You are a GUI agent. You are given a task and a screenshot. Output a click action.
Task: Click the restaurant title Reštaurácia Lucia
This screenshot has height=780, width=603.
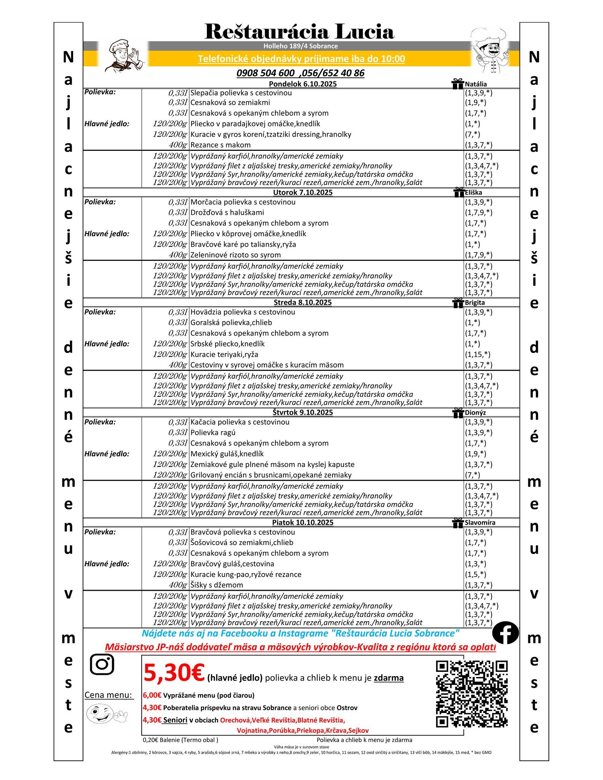coord(299,32)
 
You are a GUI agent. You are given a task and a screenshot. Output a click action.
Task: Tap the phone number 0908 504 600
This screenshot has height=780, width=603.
coord(265,73)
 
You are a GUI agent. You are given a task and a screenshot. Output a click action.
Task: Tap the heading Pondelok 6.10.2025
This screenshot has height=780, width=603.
coord(302,84)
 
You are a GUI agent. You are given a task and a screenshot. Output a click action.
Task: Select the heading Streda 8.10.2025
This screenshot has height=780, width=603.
coord(302,302)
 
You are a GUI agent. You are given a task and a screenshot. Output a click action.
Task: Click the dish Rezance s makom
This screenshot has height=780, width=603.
coord(221,145)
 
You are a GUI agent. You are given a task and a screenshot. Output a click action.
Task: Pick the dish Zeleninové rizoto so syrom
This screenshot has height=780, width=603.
coord(235,255)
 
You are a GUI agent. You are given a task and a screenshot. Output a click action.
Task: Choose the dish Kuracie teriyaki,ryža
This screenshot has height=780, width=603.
coord(224,354)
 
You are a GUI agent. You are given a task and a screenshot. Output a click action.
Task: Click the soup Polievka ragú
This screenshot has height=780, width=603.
coord(213,432)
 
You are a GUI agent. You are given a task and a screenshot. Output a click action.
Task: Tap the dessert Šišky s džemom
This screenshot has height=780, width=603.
coord(216,585)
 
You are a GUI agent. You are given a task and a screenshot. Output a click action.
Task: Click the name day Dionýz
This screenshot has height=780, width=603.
coord(475,412)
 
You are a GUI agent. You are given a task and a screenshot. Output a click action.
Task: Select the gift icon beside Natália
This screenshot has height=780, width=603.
coord(457,84)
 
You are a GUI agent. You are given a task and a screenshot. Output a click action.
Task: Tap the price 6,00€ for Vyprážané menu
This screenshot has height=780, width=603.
coord(152,695)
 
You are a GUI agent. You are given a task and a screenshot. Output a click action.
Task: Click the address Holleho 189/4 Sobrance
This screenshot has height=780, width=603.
coord(301,46)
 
